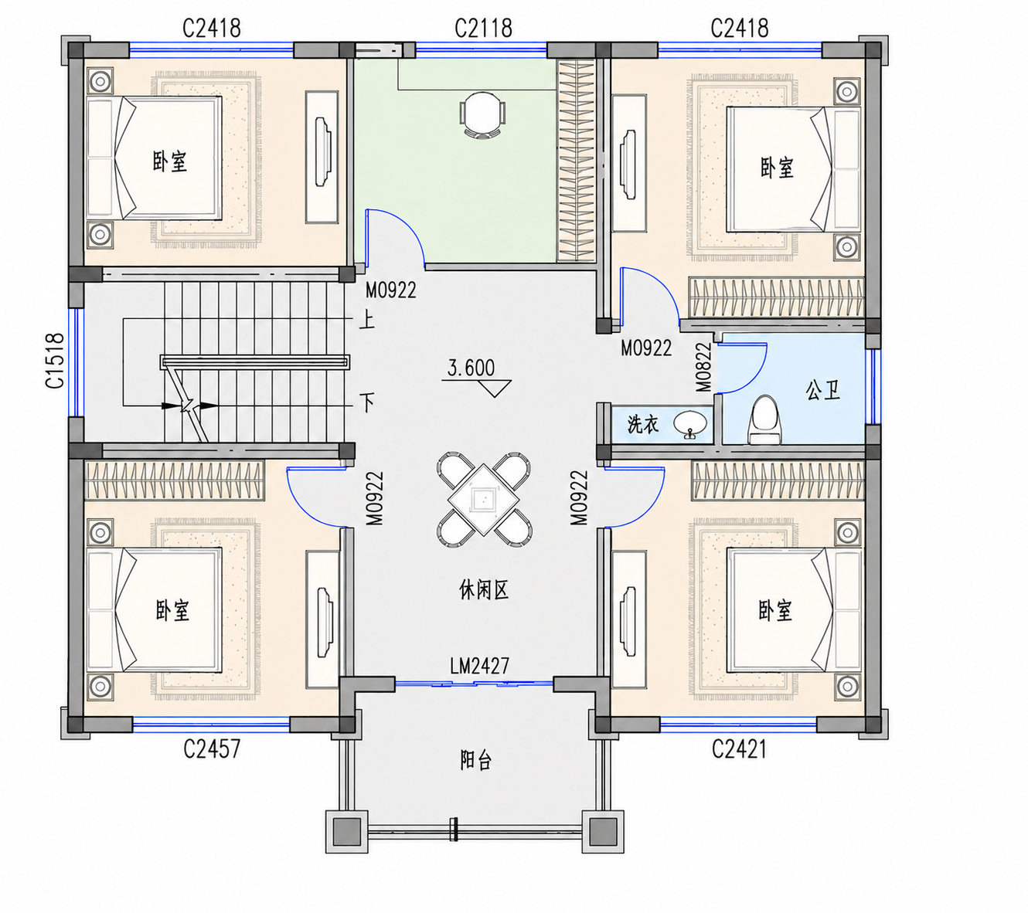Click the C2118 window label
482,29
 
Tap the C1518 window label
55,360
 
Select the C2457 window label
212,748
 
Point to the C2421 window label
738,748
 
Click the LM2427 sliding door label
479,666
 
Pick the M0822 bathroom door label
703,367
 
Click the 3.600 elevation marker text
471,368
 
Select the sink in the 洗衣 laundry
689,423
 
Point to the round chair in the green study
482,115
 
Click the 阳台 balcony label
475,760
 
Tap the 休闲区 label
483,590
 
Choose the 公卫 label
822,391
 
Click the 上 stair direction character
367,321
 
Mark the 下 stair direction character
367,402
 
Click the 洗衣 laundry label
643,424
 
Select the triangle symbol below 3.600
494,389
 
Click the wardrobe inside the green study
575,161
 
